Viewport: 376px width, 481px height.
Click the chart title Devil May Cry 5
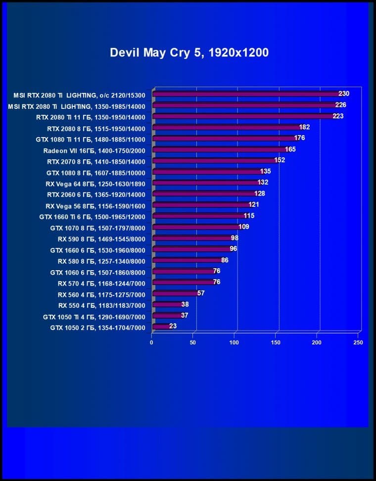tap(189, 52)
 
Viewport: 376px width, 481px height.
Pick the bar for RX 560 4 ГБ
tap(175, 293)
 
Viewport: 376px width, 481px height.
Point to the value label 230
tap(344, 94)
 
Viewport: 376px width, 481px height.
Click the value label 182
tap(304, 127)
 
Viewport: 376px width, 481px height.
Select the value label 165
tap(290, 149)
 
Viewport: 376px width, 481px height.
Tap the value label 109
tap(243, 227)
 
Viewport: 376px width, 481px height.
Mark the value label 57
tap(201, 293)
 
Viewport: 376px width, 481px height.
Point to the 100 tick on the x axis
tap(235, 342)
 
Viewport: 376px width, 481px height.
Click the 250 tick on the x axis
tap(359, 342)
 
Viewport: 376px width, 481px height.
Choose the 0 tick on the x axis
tap(152, 342)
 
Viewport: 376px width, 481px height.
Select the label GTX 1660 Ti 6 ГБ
tap(92, 216)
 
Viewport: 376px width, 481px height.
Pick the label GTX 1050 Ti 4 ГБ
tap(94, 316)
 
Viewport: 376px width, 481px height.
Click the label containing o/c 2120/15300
tap(80, 95)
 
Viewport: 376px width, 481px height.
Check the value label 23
tap(173, 326)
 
